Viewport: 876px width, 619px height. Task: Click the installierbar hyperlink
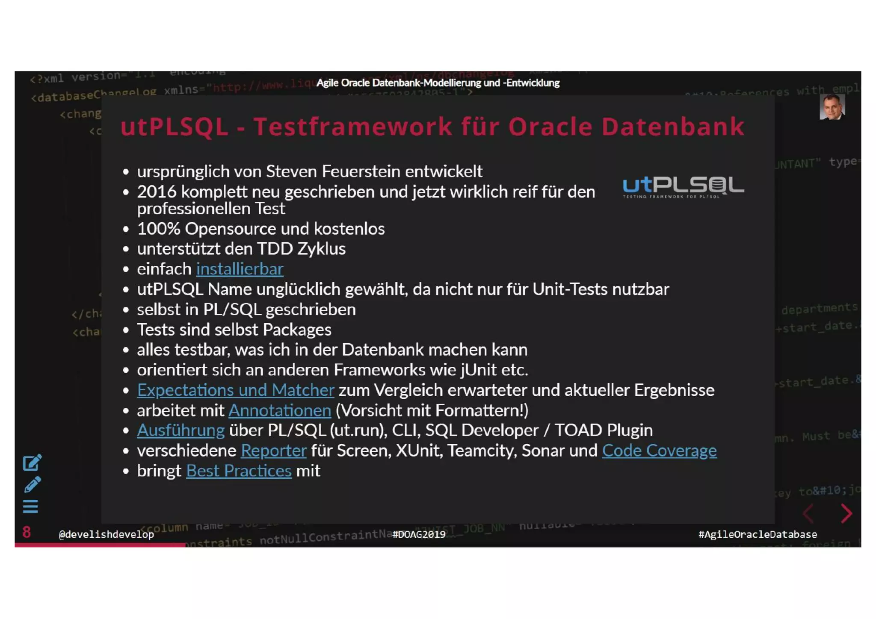point(240,269)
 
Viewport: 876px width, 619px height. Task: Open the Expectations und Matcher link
point(235,390)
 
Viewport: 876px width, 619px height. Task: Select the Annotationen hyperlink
point(280,411)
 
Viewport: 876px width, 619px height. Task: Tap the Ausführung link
point(181,430)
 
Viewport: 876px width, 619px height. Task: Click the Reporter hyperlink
point(274,451)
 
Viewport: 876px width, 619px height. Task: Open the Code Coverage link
point(659,451)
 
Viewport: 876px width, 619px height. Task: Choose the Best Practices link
point(239,471)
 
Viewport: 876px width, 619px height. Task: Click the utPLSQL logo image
point(683,187)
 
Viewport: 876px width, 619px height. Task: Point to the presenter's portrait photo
point(832,107)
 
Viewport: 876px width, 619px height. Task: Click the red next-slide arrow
point(846,513)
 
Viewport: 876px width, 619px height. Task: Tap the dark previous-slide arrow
point(808,513)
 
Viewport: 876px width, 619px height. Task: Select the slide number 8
point(27,533)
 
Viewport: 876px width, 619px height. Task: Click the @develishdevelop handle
point(106,534)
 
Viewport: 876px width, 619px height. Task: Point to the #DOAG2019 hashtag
point(419,534)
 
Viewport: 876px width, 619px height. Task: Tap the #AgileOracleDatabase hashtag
point(758,534)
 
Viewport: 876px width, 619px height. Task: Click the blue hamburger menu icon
point(30,507)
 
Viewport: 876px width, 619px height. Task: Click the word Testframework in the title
point(353,127)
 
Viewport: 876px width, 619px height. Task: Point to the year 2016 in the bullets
point(157,192)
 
